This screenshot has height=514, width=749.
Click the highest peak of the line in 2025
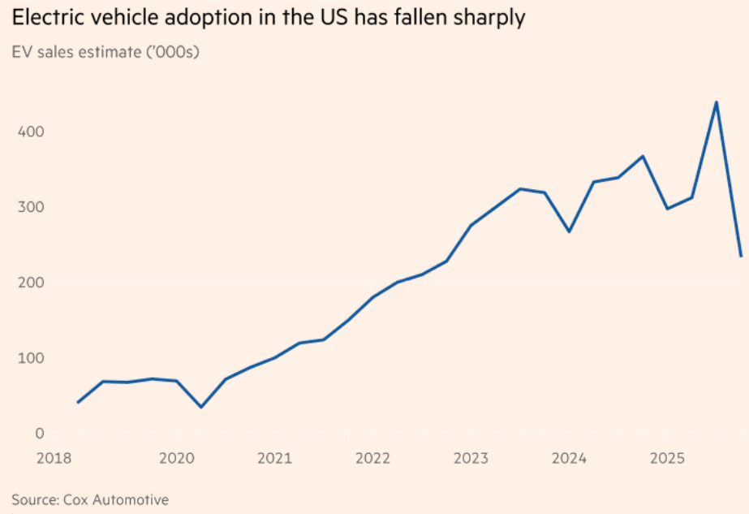[x=716, y=102]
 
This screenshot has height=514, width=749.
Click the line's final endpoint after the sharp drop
[x=740, y=256]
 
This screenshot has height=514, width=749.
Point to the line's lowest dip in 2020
[x=200, y=407]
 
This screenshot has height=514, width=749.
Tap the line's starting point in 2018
[x=78, y=402]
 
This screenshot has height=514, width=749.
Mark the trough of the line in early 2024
[x=569, y=231]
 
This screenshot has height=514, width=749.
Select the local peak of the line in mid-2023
[x=520, y=188]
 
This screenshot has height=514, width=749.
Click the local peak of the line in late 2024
[x=643, y=156]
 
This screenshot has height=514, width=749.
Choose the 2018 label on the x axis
[x=54, y=459]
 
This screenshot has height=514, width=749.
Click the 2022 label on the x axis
[x=373, y=459]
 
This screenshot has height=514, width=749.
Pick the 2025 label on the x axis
[x=668, y=459]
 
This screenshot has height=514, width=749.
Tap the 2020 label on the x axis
[x=176, y=459]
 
